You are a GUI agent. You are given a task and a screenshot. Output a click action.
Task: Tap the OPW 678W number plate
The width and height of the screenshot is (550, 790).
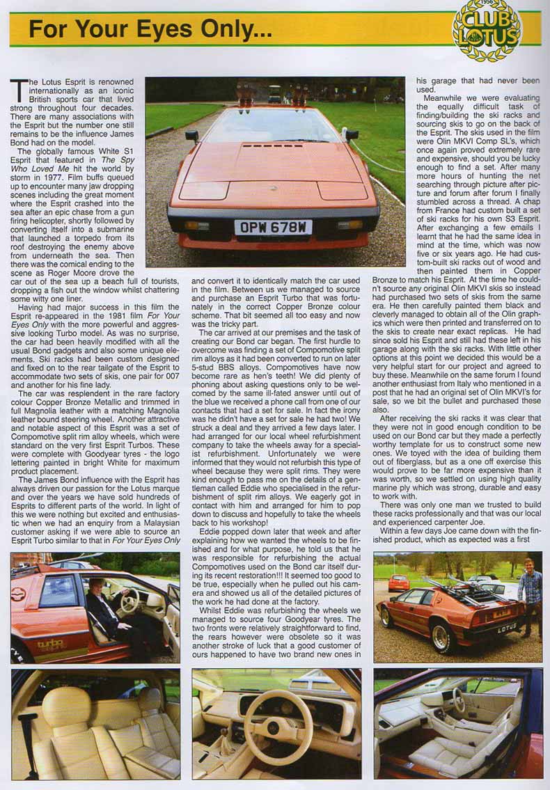[273, 227]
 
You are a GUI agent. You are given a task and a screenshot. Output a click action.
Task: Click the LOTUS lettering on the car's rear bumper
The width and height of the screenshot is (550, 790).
[508, 629]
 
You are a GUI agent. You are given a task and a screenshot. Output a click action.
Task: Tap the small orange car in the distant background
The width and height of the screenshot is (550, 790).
[399, 583]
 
